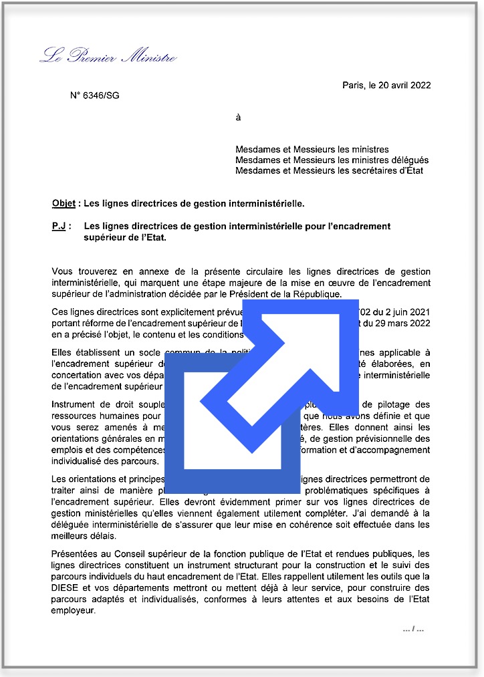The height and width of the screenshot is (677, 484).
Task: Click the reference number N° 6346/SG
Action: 95,96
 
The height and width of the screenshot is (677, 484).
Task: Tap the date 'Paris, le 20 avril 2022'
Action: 386,85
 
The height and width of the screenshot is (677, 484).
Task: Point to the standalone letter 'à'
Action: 238,118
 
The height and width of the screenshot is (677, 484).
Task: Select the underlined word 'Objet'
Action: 64,202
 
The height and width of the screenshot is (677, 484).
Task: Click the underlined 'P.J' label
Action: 59,227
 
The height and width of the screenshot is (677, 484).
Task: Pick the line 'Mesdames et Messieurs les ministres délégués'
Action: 332,160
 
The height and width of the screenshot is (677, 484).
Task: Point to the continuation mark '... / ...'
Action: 413,628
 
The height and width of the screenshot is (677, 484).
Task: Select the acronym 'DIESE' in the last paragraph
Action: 65,589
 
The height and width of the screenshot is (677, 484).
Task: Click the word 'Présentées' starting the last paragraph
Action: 74,554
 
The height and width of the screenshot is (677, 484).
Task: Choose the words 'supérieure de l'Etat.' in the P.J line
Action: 124,238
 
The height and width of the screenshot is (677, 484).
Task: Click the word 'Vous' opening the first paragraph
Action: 62,271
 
